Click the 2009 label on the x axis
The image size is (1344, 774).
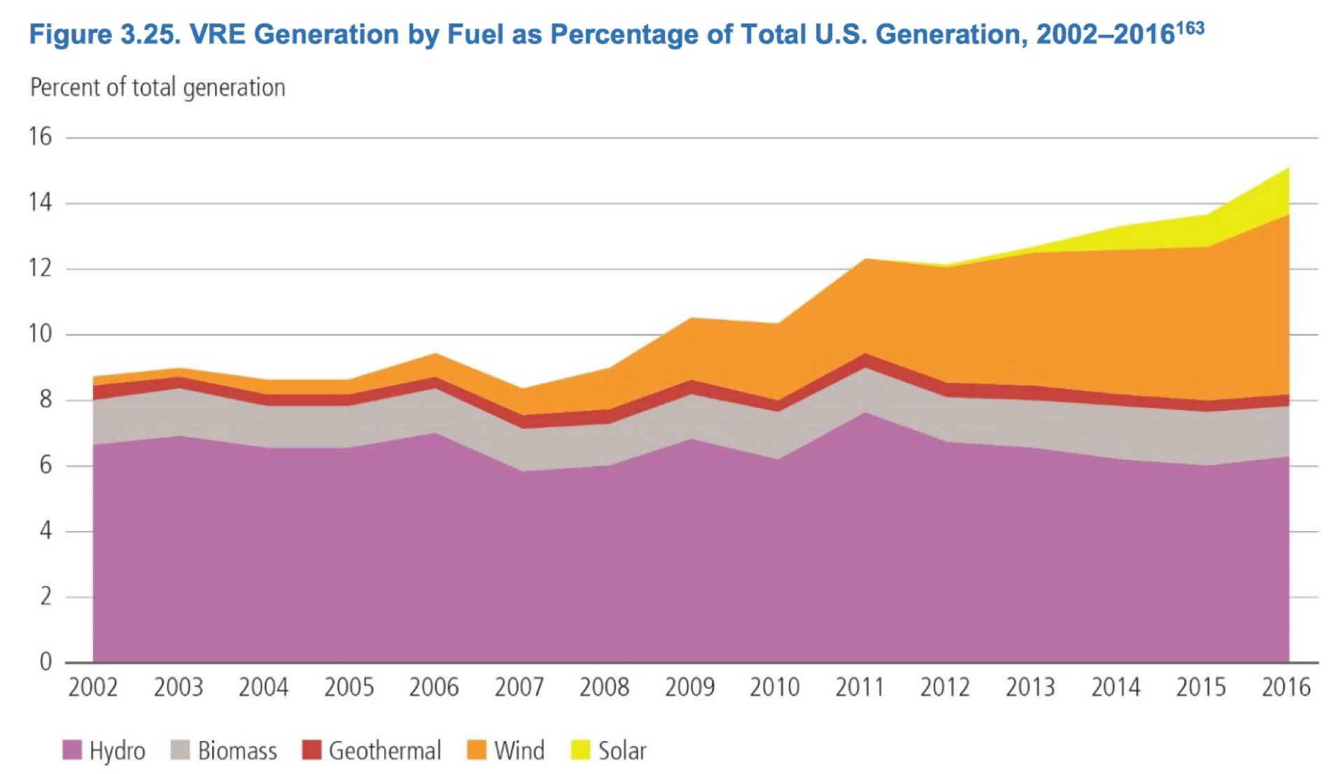(689, 688)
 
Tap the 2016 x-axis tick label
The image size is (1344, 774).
(1286, 688)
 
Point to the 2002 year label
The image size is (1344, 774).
(93, 688)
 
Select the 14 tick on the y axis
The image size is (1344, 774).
(41, 203)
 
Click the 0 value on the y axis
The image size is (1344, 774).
(45, 661)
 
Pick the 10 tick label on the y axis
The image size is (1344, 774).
(41, 334)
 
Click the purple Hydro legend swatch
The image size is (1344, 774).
(72, 750)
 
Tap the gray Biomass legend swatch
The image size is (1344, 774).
(180, 750)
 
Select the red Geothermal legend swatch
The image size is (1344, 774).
(311, 750)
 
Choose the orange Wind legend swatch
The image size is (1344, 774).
(477, 750)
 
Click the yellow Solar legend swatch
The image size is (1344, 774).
(580, 750)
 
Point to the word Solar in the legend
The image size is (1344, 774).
(622, 750)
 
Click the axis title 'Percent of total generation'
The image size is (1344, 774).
(157, 87)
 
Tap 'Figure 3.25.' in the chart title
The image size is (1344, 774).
(104, 34)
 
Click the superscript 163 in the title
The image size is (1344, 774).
(1190, 28)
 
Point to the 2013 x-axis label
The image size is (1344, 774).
(1030, 688)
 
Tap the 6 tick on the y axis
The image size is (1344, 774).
(45, 465)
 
